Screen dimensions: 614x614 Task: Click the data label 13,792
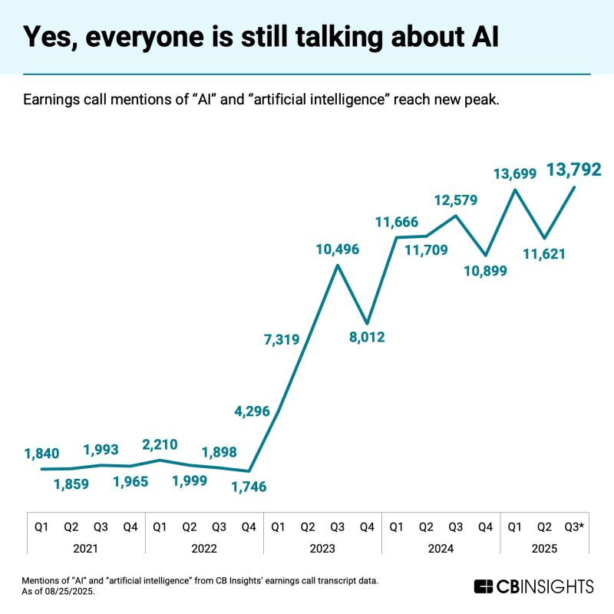click(x=573, y=169)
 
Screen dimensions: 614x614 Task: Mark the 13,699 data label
click(x=513, y=174)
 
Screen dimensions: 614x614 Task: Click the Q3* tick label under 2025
click(x=573, y=527)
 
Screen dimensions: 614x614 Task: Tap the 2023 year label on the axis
click(x=322, y=549)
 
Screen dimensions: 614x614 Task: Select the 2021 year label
click(x=85, y=549)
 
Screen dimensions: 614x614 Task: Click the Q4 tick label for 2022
click(x=249, y=527)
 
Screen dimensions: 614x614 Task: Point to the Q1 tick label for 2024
click(x=396, y=527)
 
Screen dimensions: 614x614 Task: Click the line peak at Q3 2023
click(x=338, y=266)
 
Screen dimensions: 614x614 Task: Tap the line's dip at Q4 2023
click(x=367, y=323)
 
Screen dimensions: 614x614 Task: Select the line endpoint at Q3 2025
click(x=574, y=187)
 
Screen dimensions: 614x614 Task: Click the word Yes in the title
click(x=49, y=36)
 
